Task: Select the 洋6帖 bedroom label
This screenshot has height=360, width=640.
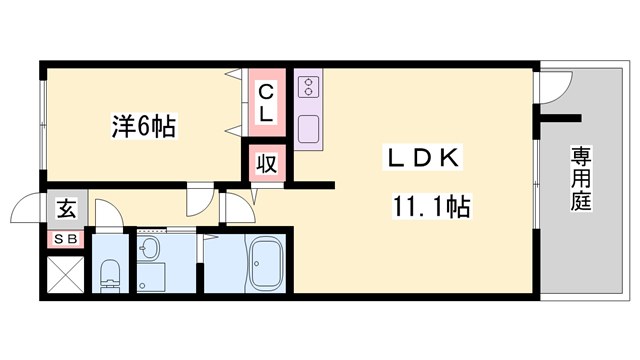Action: [x=143, y=127]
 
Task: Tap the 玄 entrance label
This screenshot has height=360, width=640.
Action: [x=65, y=209]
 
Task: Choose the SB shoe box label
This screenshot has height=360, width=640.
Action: [x=65, y=239]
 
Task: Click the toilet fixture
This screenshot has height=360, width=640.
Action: [x=110, y=271]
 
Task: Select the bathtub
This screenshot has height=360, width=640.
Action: [x=267, y=264]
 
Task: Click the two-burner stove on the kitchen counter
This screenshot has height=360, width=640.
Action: [x=308, y=85]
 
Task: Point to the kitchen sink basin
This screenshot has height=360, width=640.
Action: [x=308, y=129]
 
